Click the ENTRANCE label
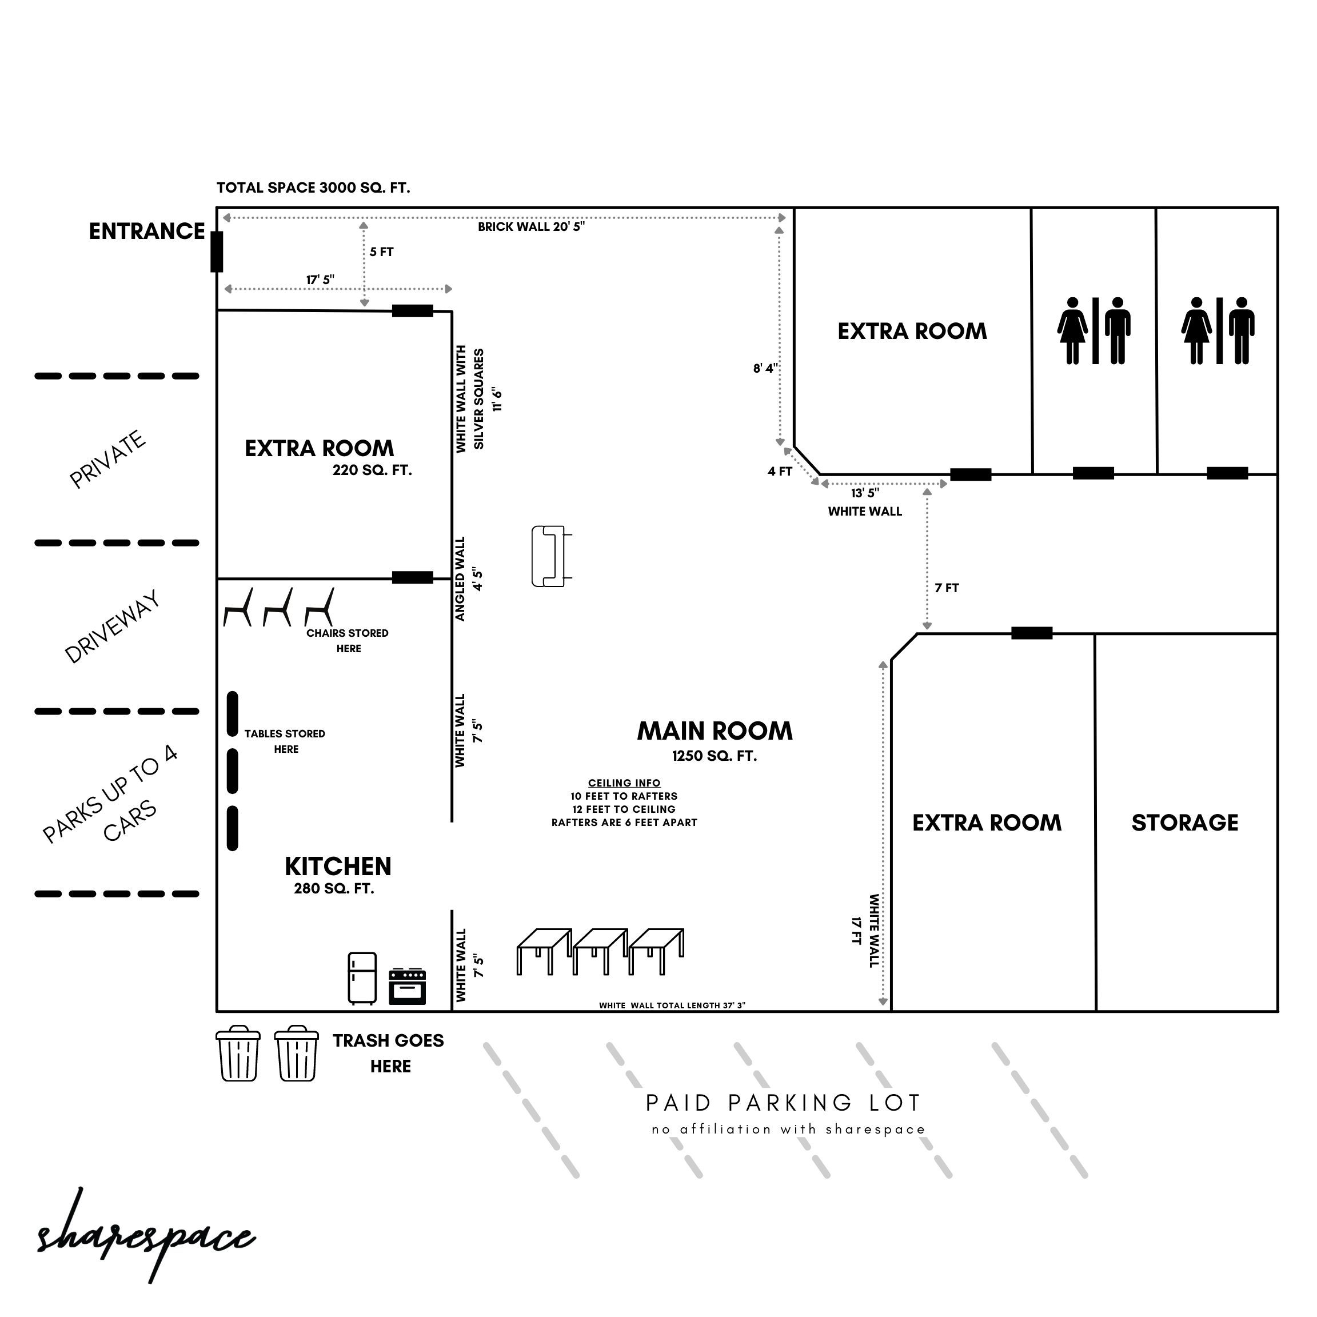tap(147, 232)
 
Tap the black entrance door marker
tap(217, 252)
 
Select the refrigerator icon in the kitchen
tap(362, 978)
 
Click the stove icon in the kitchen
tap(408, 987)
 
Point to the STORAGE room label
tap(1185, 823)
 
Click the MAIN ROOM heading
tap(715, 731)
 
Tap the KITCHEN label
tap(338, 867)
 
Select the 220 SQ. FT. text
tap(372, 470)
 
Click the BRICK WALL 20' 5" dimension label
tap(531, 227)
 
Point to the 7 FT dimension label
tap(947, 588)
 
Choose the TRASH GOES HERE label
tap(389, 1053)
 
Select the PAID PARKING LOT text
tap(783, 1103)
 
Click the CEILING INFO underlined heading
tap(624, 783)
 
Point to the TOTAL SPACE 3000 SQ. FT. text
tap(314, 188)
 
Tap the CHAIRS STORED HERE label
tap(348, 641)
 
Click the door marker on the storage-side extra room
tap(1031, 633)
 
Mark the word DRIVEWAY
tap(113, 626)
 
